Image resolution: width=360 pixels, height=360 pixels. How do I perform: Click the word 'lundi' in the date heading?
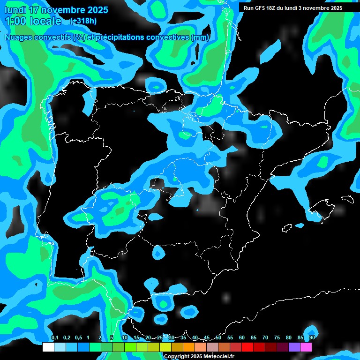pyautogui.click(x=15, y=10)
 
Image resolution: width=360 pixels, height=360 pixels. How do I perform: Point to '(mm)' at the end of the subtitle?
pyautogui.click(x=201, y=37)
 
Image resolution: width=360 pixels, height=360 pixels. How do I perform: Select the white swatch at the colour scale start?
pyautogui.click(x=48, y=347)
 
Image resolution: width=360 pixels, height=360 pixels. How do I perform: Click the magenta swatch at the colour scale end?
pyautogui.click(x=306, y=347)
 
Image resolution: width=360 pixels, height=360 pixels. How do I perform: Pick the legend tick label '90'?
pyautogui.click(x=312, y=337)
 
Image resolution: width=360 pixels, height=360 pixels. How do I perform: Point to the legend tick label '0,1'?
pyautogui.click(x=54, y=337)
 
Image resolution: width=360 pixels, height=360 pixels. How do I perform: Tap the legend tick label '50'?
pyautogui.click(x=218, y=337)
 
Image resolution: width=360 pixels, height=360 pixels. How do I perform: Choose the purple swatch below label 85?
pyautogui.click(x=294, y=347)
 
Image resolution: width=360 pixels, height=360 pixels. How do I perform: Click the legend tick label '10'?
pyautogui.click(x=125, y=337)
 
